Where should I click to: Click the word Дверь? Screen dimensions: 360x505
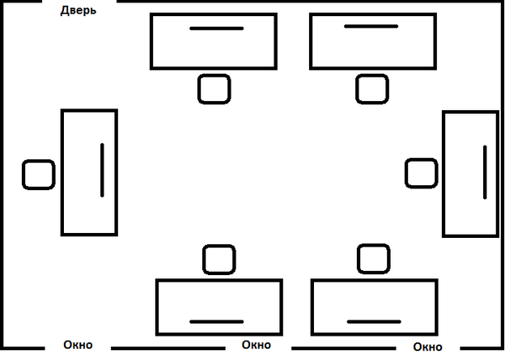click(79, 11)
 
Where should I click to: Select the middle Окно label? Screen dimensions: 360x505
click(256, 345)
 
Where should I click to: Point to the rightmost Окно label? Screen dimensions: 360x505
click(427, 347)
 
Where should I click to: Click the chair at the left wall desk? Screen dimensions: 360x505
click(38, 174)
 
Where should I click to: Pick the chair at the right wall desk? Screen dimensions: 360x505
click(421, 174)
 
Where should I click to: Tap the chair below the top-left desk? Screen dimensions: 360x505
click(214, 88)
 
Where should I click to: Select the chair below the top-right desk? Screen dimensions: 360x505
click(371, 88)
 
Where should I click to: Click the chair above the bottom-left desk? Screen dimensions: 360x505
click(219, 260)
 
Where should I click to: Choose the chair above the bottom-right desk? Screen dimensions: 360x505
click(373, 259)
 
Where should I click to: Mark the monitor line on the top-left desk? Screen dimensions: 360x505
click(216, 28)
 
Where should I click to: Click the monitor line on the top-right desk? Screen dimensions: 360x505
click(371, 27)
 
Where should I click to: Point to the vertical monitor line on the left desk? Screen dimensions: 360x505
click(102, 170)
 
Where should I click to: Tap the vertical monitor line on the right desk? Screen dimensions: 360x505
click(484, 172)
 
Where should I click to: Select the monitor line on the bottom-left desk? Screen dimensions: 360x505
click(216, 321)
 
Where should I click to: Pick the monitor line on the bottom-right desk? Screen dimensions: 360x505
click(374, 321)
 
